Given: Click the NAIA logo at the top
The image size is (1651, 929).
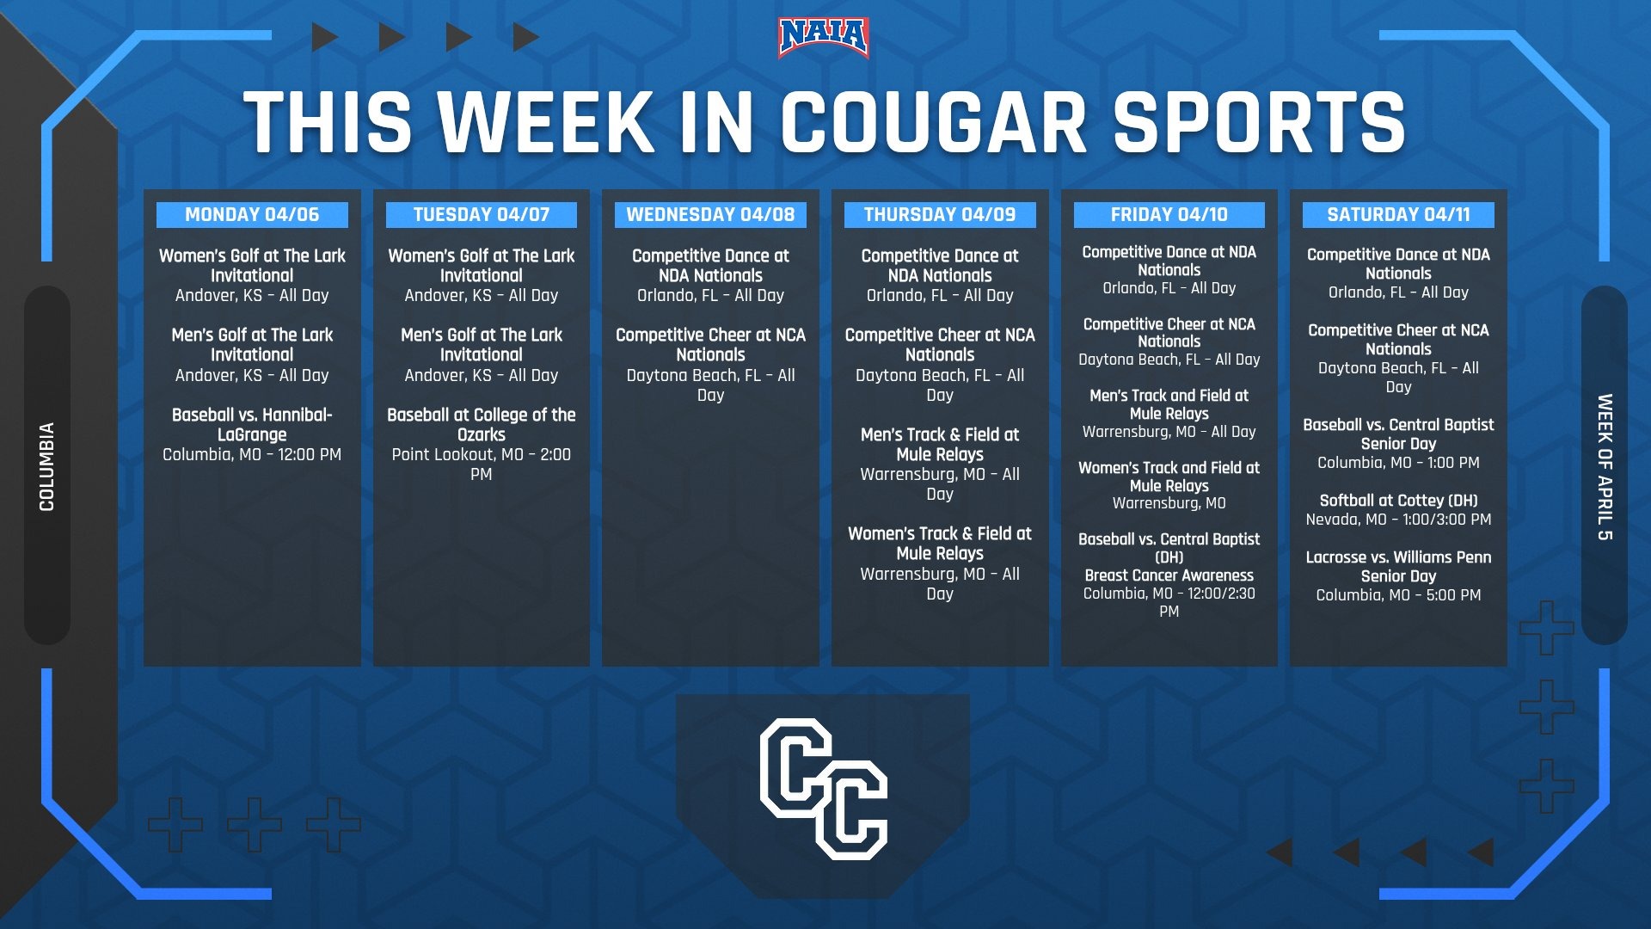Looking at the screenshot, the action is [823, 38].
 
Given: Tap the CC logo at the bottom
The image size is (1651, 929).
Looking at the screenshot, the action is [823, 789].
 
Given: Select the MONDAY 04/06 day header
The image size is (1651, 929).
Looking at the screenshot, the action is [252, 215].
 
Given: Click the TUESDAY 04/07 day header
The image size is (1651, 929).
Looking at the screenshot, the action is [482, 215].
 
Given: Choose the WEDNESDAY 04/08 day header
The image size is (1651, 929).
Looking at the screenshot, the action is [710, 215].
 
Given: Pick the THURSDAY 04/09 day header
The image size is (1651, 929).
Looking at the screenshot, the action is [940, 215].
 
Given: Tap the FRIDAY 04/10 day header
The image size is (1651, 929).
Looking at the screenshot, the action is [1169, 215].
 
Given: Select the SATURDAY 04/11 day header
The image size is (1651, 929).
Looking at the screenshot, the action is [1398, 215].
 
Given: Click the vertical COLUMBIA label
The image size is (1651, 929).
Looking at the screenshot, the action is [47, 466].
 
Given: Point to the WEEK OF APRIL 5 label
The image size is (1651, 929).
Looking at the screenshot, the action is [1605, 467].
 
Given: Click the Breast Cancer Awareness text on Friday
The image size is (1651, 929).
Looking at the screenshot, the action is [1169, 575].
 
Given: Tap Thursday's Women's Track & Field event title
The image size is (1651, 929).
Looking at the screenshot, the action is [940, 543].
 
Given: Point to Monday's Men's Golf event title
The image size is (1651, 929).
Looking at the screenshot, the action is [252, 344].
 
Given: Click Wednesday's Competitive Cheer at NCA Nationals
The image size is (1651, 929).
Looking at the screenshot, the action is [710, 344].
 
